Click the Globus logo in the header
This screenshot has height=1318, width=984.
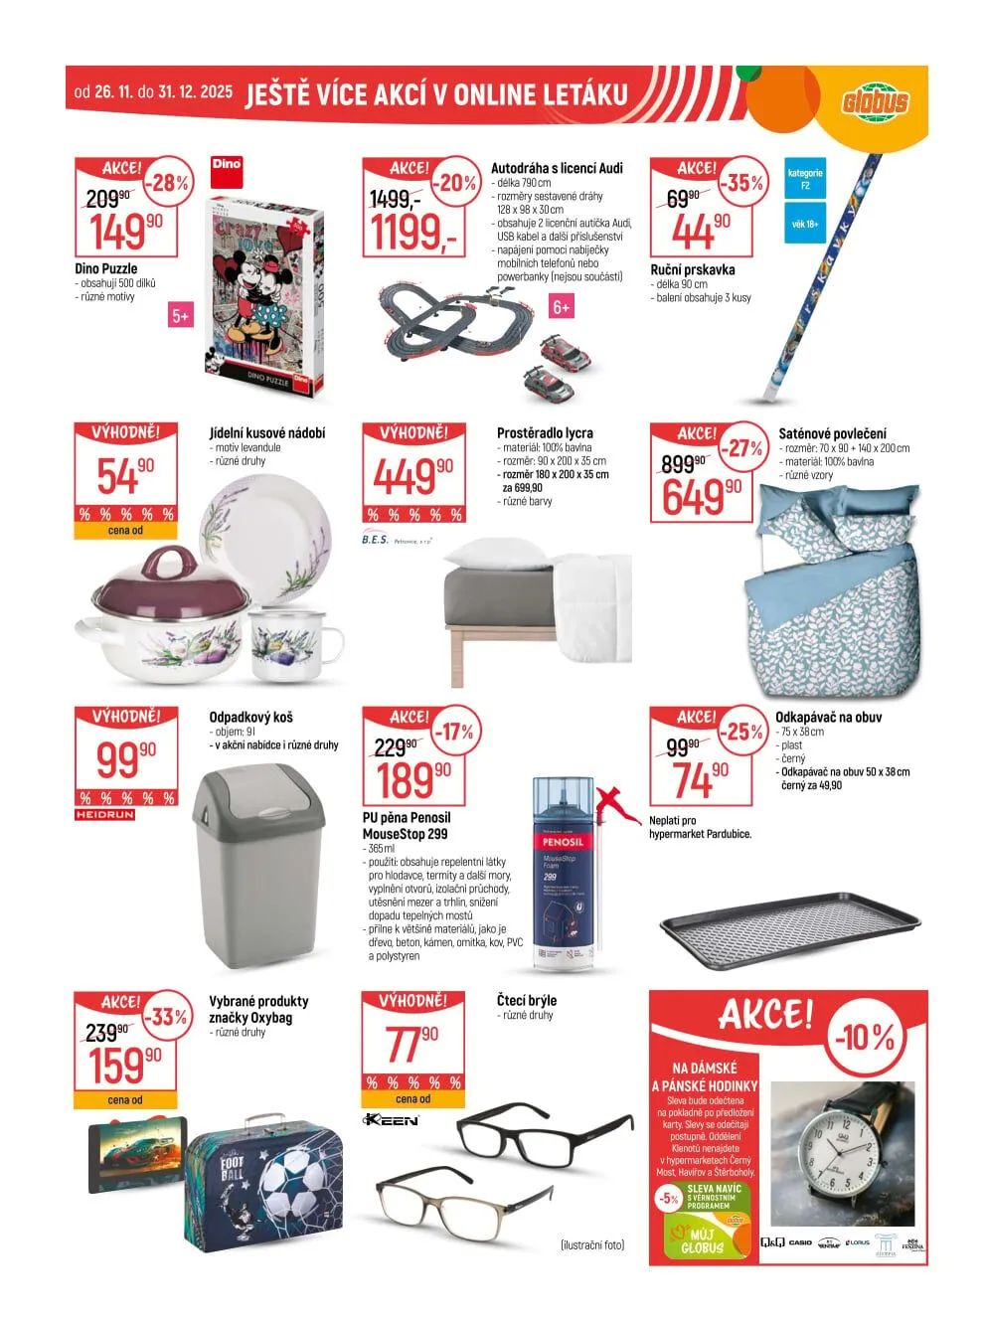click(x=875, y=101)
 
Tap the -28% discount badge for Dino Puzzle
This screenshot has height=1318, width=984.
click(x=169, y=183)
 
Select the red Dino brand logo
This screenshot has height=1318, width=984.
click(x=227, y=169)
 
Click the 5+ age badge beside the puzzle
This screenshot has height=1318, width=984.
click(x=180, y=316)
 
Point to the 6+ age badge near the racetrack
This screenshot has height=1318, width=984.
click(x=562, y=307)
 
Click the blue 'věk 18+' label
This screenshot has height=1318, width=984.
click(x=805, y=225)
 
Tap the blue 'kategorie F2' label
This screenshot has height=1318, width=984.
click(x=805, y=179)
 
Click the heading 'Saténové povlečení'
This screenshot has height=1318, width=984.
click(x=832, y=433)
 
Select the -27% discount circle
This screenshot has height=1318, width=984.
click(x=741, y=448)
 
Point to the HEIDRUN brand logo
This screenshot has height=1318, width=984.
click(x=104, y=815)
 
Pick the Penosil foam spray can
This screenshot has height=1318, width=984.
click(x=564, y=875)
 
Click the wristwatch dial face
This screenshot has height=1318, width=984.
click(x=840, y=1156)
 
